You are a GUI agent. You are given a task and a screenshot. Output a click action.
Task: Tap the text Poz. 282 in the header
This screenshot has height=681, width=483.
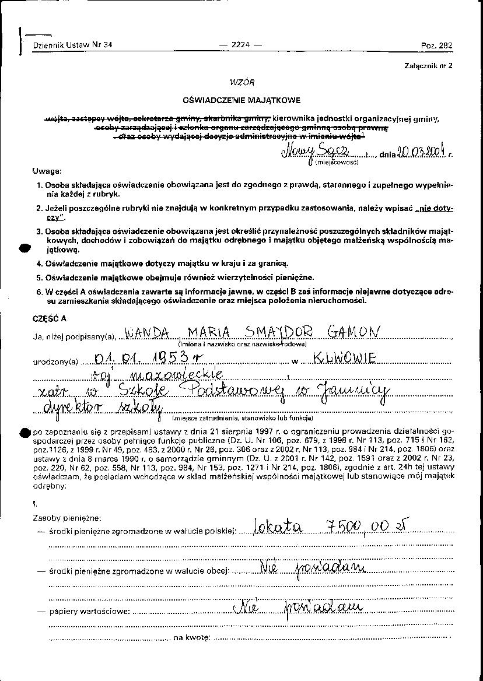coord(436,45)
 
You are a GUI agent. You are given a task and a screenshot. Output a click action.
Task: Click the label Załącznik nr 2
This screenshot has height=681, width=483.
coord(428,66)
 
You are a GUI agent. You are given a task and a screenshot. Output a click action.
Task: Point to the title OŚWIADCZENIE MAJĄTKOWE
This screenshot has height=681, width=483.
coord(242,100)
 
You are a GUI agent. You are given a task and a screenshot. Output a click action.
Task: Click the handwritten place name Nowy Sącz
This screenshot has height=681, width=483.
coord(316,153)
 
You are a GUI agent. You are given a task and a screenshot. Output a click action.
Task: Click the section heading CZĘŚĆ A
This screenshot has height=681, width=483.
coord(50,318)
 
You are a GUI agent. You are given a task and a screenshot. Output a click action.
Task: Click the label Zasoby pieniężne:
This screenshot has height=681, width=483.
coord(67,517)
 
